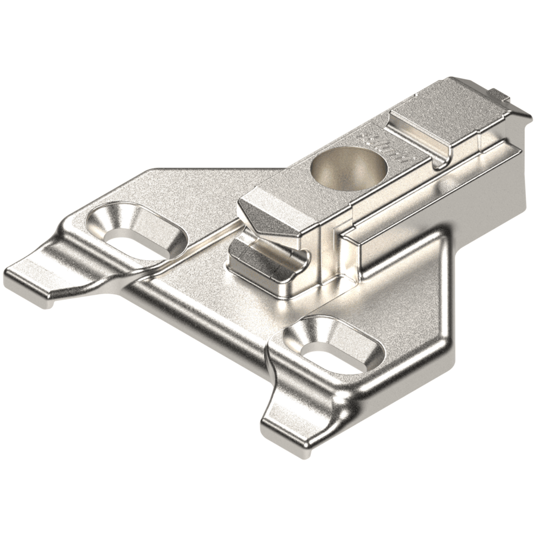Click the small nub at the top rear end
coord(499,94)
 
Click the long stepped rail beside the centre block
coord(429,197)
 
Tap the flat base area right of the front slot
coord(405,334)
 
